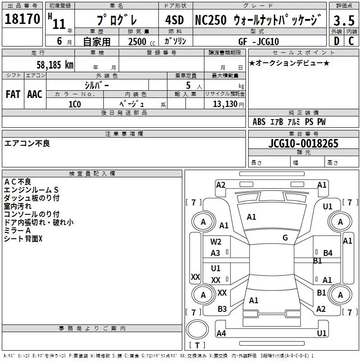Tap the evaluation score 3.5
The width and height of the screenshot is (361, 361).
(x=344, y=20)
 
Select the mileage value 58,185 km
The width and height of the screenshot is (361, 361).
(x=55, y=65)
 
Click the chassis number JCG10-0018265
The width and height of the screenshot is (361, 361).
(x=303, y=144)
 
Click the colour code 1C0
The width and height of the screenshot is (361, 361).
(x=74, y=103)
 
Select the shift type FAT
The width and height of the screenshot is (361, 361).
(x=13, y=94)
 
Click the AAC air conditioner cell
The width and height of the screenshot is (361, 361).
(x=35, y=94)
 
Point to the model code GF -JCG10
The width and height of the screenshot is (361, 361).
(x=259, y=42)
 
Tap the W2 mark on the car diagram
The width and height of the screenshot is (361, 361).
(x=216, y=242)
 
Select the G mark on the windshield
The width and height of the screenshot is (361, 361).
(x=285, y=238)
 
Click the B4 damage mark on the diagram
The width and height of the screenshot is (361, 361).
(x=328, y=253)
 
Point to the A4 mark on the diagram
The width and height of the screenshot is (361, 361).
(x=221, y=333)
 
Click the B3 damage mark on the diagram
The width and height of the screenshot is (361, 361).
(x=222, y=309)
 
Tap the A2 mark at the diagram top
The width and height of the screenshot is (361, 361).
(x=221, y=185)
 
